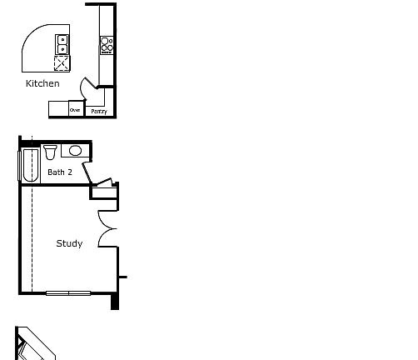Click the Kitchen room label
42,83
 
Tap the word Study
69,243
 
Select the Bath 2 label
60,172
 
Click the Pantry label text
98,111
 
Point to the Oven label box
74,110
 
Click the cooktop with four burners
107,45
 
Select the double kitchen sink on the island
62,42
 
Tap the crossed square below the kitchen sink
62,62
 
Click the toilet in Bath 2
50,152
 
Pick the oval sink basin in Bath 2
75,151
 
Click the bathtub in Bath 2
30,165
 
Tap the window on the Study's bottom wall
68,292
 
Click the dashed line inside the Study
32,233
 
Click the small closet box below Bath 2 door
104,194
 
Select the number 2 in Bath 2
70,172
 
